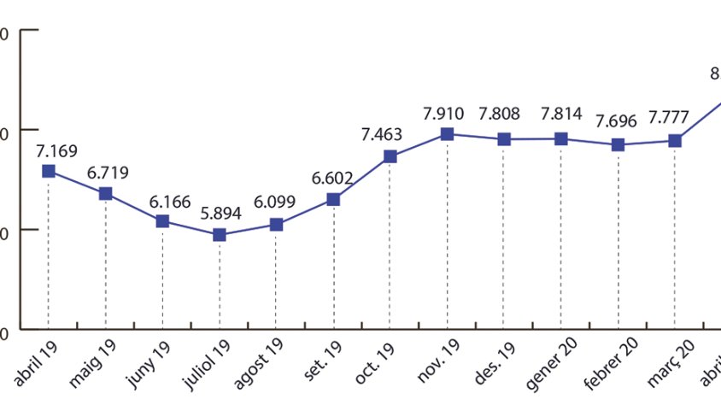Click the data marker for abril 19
click(49, 171)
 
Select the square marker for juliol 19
click(220, 235)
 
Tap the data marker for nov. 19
click(447, 134)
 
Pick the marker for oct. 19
click(390, 156)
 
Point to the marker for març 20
click(675, 140)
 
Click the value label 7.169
click(56, 151)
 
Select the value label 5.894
click(220, 214)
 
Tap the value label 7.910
click(443, 113)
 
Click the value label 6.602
click(333, 178)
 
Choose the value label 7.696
click(617, 121)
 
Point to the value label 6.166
click(171, 202)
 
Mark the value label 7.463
click(381, 135)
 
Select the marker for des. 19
click(504, 139)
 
